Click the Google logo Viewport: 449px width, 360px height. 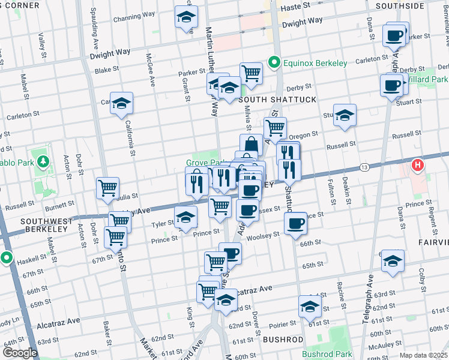19,353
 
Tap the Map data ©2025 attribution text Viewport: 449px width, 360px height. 423,355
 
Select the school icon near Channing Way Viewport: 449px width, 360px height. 186,17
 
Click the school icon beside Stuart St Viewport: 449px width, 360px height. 345,115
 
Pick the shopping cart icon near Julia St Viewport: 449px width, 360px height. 107,188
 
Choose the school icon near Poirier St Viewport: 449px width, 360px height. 310,306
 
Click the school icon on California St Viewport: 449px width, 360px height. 122,103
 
